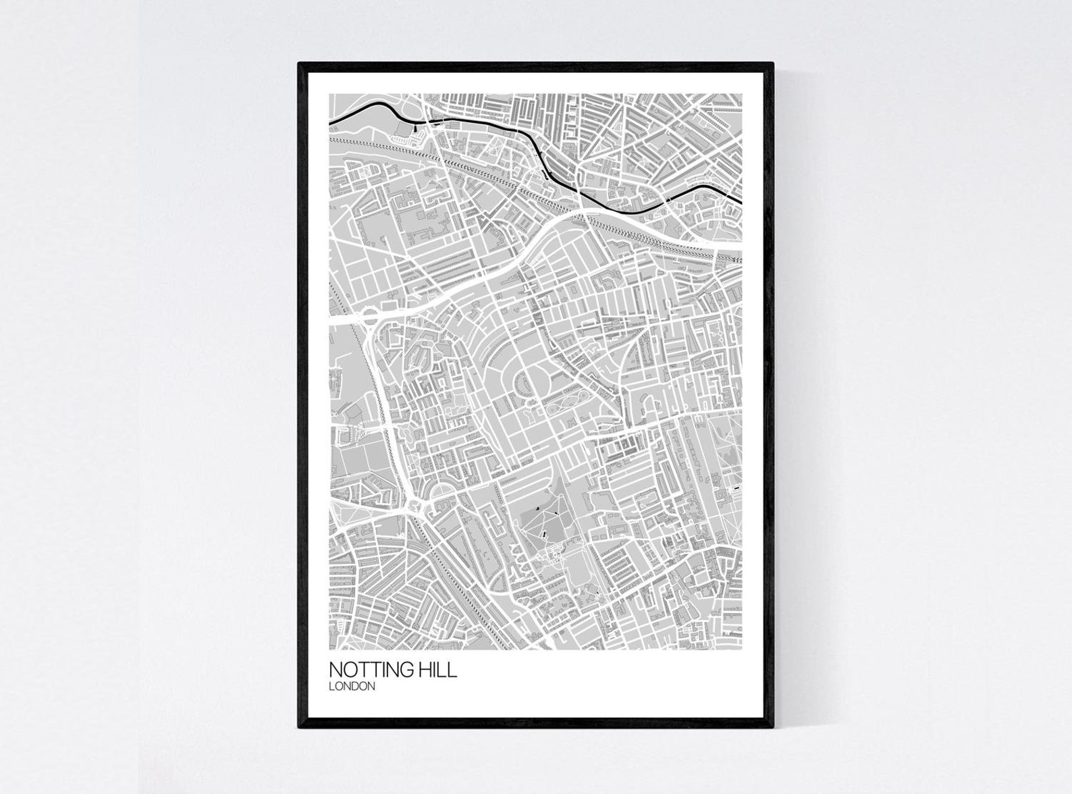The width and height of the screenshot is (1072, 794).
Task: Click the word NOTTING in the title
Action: click(372, 670)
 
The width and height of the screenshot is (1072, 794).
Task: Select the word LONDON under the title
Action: click(352, 687)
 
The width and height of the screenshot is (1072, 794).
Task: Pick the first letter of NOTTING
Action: click(335, 670)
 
